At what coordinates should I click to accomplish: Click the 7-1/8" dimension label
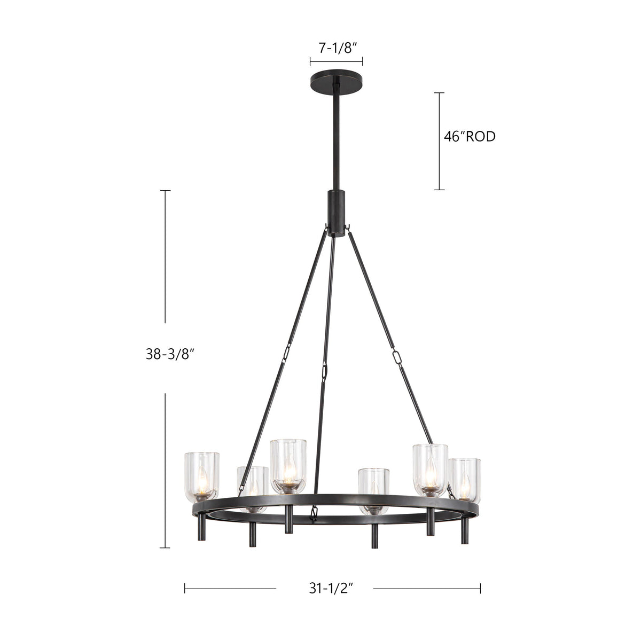tap(336, 48)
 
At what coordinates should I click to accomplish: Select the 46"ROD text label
tap(470, 137)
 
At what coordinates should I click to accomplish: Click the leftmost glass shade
tap(201, 475)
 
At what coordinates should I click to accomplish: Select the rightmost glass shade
tap(465, 479)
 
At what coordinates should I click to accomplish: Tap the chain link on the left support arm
tap(286, 353)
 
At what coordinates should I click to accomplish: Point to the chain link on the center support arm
tap(324, 370)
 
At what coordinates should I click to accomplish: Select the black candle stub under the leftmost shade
tap(201, 527)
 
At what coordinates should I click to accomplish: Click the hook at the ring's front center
tap(314, 515)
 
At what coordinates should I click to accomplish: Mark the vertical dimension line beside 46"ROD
tap(439, 141)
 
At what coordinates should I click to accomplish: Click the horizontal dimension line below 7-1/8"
tap(336, 61)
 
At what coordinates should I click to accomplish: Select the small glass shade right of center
tap(373, 489)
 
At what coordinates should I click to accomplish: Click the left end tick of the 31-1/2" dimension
tap(185, 588)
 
